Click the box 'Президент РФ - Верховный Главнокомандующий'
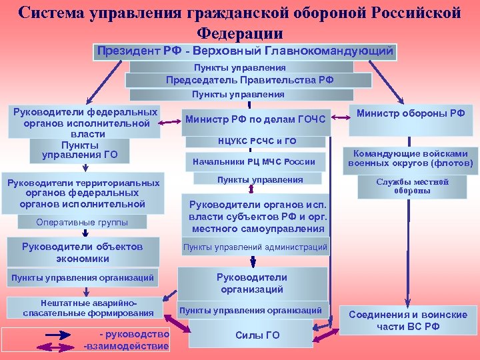click(245, 51)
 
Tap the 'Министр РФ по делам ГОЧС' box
click(255, 119)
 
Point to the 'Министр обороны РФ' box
click(411, 113)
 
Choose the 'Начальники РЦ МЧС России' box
click(253, 161)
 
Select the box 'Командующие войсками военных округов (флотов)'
click(411, 158)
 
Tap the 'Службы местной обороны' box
click(412, 187)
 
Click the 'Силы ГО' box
click(257, 335)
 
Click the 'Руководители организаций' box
click(251, 283)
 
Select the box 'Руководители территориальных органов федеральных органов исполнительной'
click(83, 193)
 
